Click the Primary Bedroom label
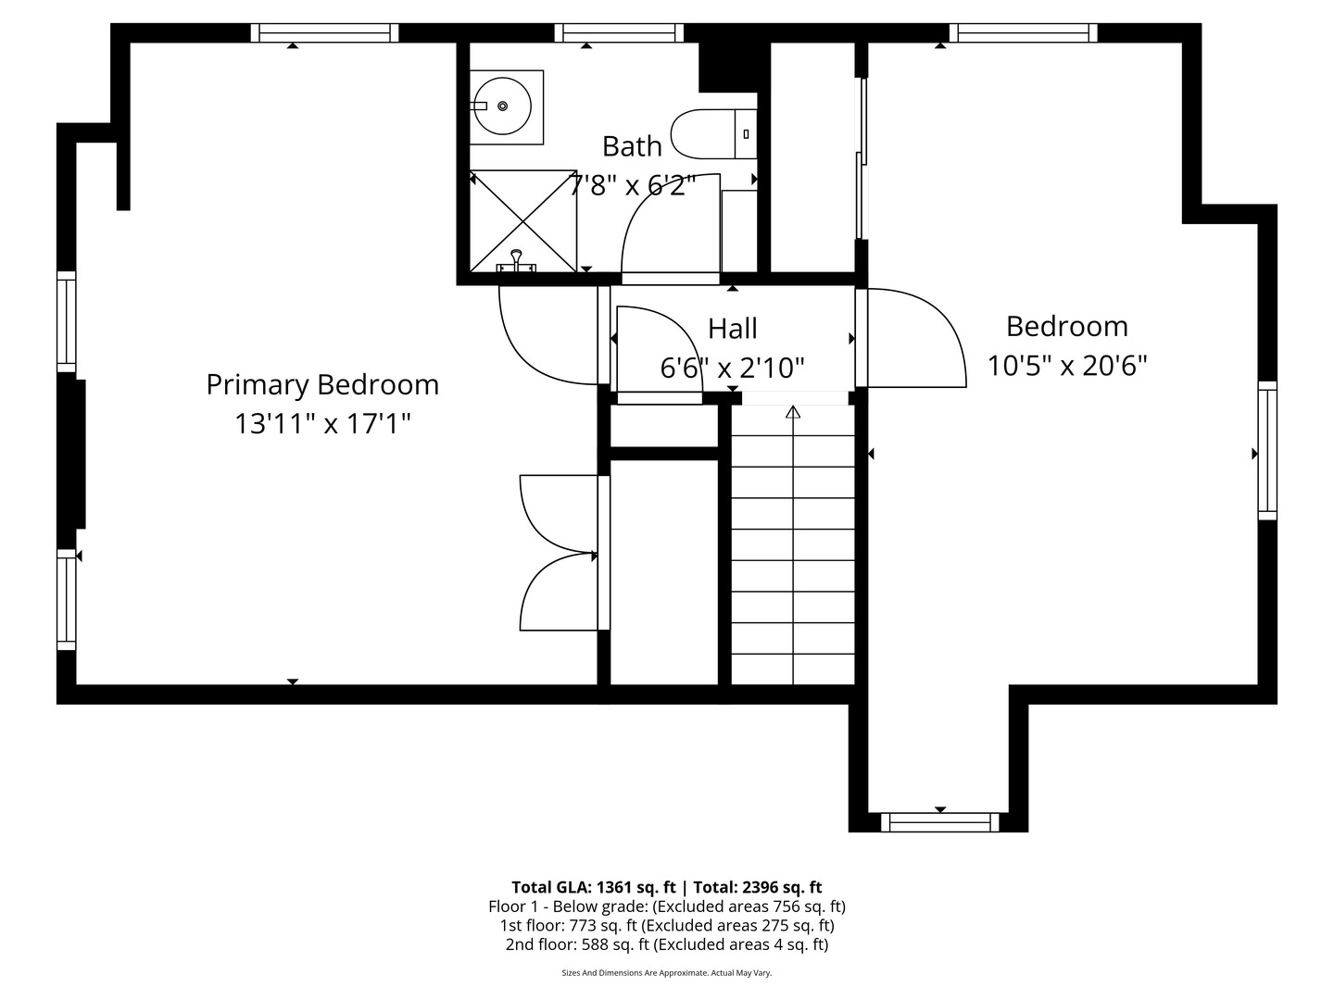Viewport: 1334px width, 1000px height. [322, 384]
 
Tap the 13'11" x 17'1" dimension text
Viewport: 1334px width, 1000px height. [322, 424]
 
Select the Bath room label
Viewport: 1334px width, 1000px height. [632, 146]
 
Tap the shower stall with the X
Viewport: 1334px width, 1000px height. [523, 220]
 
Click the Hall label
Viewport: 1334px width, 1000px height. [733, 329]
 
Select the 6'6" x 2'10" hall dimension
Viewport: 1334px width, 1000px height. [732, 369]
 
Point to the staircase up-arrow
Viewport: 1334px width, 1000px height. [793, 413]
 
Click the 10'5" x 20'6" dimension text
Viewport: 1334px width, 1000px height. [1067, 366]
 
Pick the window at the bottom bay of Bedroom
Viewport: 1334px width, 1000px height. [940, 821]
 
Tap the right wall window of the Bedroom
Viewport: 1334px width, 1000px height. [1266, 450]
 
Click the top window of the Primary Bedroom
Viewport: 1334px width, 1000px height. [324, 33]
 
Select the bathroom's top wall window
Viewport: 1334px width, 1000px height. [620, 33]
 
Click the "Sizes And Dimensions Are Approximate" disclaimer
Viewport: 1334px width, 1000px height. [667, 973]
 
